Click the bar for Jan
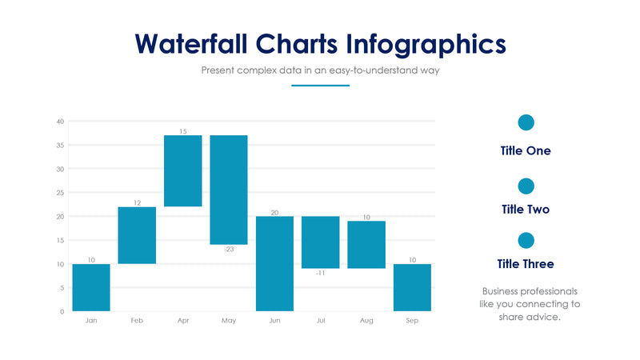point(91,287)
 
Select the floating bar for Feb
point(137,235)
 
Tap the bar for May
point(229,190)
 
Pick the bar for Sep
point(412,287)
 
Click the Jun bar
point(274,263)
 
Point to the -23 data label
point(229,250)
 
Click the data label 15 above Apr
point(183,131)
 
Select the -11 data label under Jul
point(320,274)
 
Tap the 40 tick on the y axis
point(60,122)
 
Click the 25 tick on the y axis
point(60,193)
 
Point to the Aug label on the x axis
point(366,320)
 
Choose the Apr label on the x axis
point(183,320)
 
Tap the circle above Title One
point(526,122)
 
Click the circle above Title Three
point(526,240)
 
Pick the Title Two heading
point(526,210)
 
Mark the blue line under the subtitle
point(320,85)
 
